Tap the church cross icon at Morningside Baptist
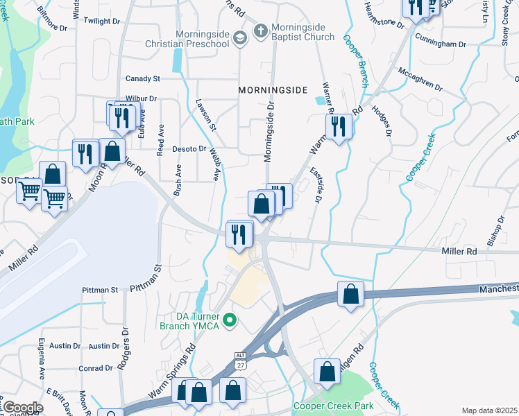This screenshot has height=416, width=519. coord(260,31)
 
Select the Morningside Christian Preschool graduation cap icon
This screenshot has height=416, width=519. coord(240,38)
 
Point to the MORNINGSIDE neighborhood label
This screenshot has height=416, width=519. coord(272,90)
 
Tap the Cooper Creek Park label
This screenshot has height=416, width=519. coord(333,406)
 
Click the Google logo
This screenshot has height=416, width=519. coord(22,407)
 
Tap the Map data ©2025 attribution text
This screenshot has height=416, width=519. coord(489,410)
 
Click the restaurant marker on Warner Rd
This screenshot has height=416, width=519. coord(339,127)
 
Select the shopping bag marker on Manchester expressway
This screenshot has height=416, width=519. coord(351,293)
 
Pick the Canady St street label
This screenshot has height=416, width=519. coord(143,78)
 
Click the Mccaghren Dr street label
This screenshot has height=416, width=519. coord(420,78)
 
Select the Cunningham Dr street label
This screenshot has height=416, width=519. coord(443,44)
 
